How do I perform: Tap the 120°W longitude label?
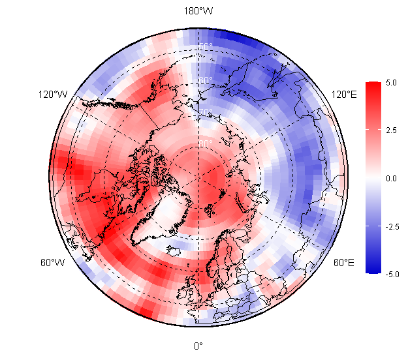tap(53, 95)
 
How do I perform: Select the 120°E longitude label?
tap(344, 95)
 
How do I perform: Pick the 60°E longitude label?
tap(344, 263)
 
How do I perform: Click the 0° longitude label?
tap(198, 346)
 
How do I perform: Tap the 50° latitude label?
tap(206, 47)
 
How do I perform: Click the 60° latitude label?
tap(206, 80)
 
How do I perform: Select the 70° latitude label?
tap(206, 112)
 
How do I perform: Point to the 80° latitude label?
tap(206, 143)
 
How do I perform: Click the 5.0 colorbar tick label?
tap(392, 83)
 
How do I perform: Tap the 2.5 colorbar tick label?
tap(392, 130)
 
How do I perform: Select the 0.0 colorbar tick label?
tap(392, 178)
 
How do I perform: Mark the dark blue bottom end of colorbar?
tap(373, 270)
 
